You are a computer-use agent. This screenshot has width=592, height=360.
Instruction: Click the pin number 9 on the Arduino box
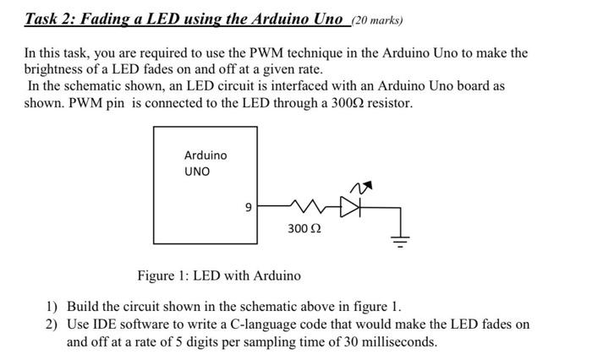pos(247,205)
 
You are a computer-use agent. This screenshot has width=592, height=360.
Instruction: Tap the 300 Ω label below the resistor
pos(304,229)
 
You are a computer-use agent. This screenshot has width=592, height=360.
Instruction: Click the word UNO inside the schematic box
pos(197,172)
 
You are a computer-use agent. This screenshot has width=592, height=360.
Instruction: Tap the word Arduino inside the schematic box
pos(206,155)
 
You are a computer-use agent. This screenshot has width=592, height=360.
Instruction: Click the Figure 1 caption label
pos(218,275)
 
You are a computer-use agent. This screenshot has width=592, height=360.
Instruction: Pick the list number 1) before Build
pos(52,306)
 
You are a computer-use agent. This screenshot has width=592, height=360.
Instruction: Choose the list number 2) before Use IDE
pos(52,325)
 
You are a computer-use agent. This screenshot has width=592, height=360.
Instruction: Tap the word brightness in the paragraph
pos(53,69)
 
